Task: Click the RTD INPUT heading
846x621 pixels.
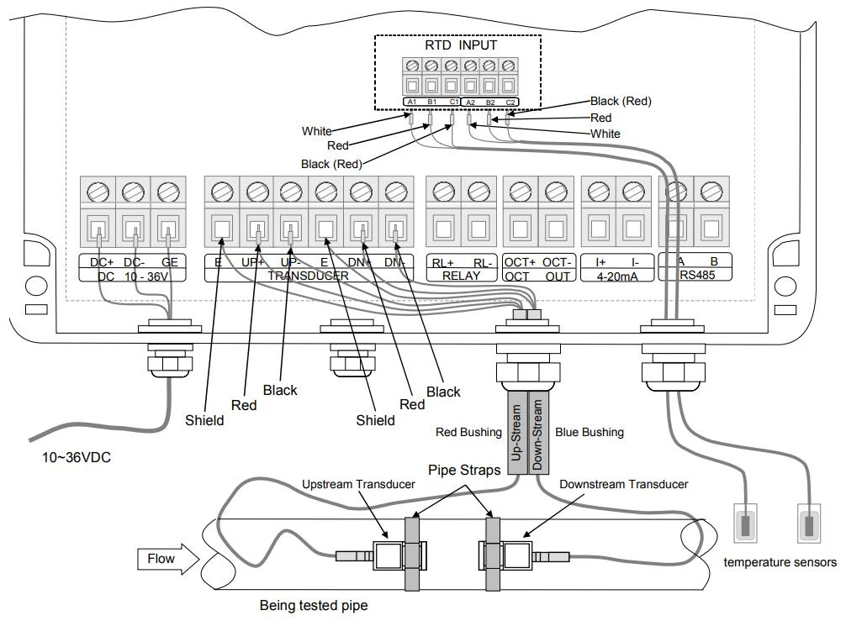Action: (461, 45)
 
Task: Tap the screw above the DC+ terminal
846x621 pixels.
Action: (98, 192)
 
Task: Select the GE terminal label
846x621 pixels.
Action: (169, 262)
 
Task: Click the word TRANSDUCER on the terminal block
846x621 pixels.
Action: (308, 276)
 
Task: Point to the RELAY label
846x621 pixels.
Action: (462, 276)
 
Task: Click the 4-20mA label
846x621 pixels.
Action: (617, 276)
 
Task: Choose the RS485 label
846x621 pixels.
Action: (697, 275)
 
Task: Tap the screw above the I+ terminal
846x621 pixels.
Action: (599, 192)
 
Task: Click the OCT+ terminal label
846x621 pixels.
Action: (520, 262)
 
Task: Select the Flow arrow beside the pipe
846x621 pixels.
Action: (168, 559)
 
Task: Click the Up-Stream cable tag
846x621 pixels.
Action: (516, 433)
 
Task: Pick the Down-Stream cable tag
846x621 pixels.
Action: (537, 433)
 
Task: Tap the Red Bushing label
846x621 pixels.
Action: (468, 432)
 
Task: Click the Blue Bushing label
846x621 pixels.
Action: (590, 432)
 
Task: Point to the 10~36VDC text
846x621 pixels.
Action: (77, 457)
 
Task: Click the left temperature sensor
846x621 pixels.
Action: (746, 523)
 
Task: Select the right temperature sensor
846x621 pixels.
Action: (809, 523)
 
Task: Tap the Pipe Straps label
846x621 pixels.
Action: (464, 470)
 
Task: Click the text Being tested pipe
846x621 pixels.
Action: (314, 605)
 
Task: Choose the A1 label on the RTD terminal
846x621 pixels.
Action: (412, 102)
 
